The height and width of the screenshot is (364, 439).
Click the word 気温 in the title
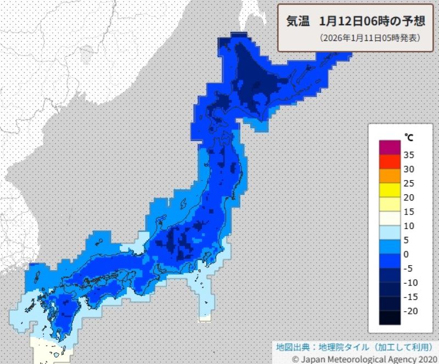[x=299, y=21]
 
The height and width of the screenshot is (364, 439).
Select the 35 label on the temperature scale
[x=408, y=155]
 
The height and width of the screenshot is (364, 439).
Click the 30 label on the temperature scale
[x=408, y=169]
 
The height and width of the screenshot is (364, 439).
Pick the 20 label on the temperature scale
[x=408, y=198]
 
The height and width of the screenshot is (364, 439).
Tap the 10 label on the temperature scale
[x=408, y=226]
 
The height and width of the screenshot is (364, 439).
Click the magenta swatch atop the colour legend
[x=390, y=148]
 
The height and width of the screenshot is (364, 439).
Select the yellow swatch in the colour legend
[x=390, y=190]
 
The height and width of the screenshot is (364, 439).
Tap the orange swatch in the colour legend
[x=390, y=176]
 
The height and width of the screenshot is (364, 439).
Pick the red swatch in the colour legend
[x=390, y=162]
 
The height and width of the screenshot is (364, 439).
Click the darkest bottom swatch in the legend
[x=390, y=318]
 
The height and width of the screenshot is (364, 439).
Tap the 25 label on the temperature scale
[x=408, y=183]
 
